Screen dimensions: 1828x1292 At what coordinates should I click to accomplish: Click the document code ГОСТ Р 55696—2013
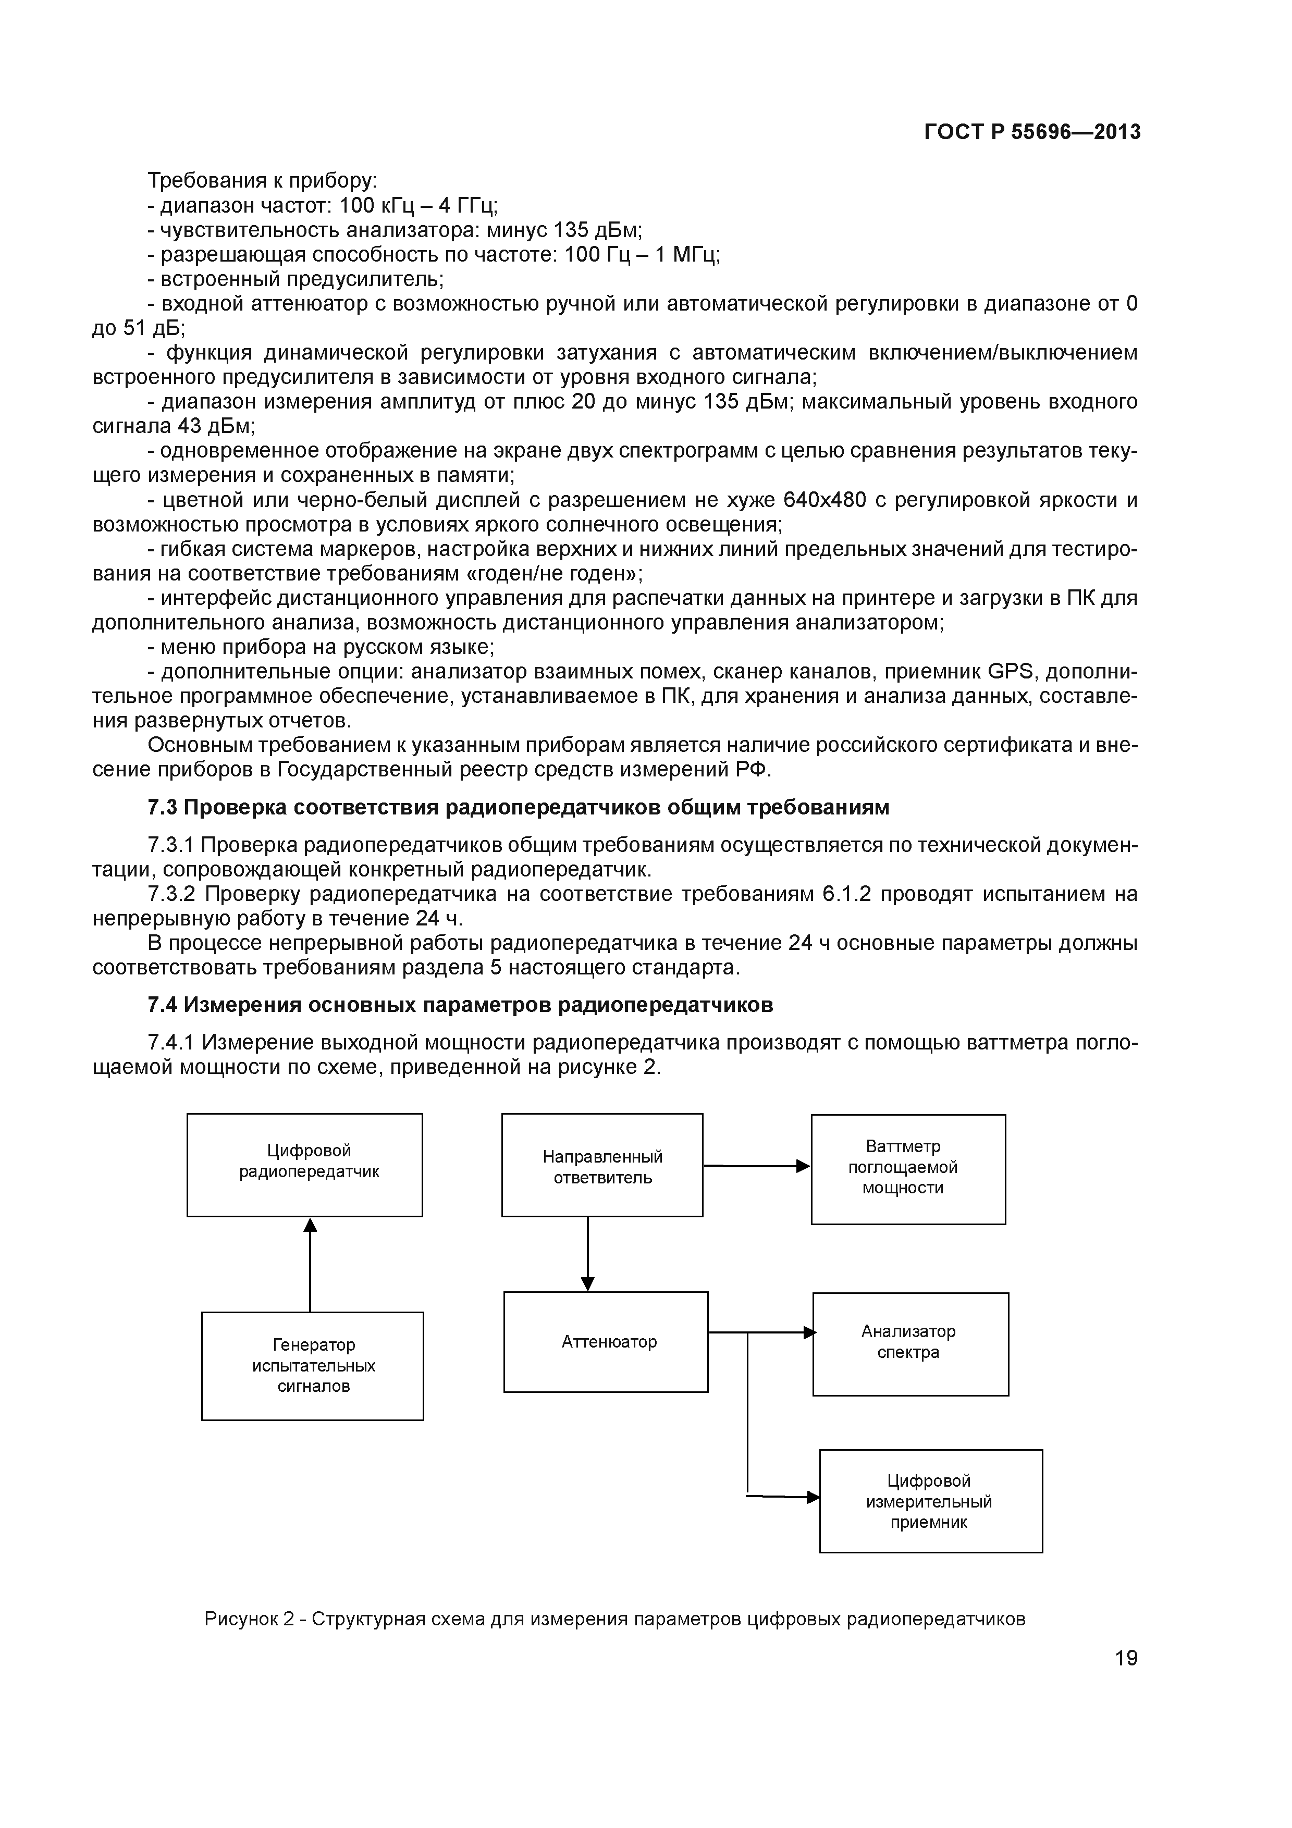tap(1032, 132)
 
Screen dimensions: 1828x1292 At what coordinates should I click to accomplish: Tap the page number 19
tap(1126, 1659)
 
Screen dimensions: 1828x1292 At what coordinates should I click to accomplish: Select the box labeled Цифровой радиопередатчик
tap(305, 1164)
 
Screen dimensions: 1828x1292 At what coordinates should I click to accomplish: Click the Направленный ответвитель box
tap(602, 1164)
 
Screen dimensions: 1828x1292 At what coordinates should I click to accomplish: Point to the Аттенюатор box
tap(605, 1341)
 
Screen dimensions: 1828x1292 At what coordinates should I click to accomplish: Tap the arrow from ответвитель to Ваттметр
tap(756, 1166)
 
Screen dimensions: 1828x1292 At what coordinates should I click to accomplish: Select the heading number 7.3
tap(163, 807)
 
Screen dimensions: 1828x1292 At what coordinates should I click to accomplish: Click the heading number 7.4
tap(163, 1005)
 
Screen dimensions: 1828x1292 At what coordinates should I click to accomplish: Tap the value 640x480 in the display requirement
tap(824, 500)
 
